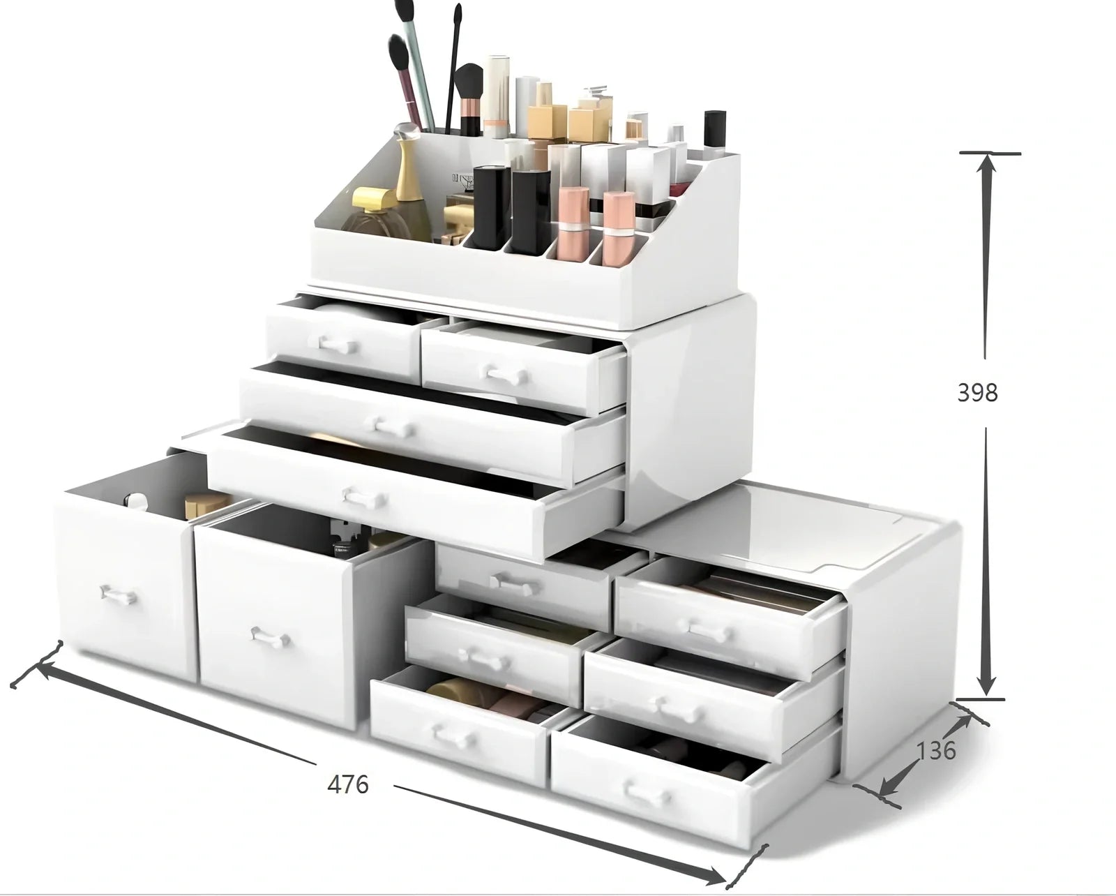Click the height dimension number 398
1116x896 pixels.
point(977,393)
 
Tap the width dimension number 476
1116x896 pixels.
point(348,784)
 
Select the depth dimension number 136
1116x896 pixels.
point(935,752)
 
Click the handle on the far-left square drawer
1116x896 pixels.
point(119,595)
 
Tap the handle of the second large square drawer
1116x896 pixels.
point(271,637)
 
